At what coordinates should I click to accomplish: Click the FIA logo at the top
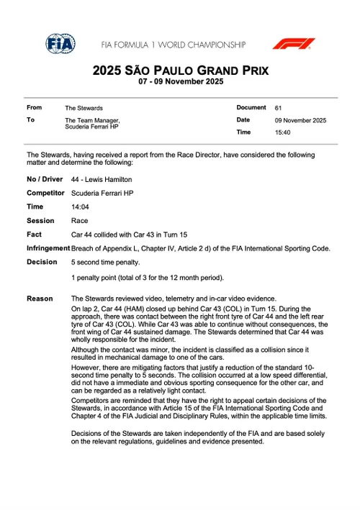tap(60, 44)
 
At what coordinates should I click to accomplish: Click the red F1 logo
tap(293, 44)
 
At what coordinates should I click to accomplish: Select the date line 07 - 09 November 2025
tap(180, 82)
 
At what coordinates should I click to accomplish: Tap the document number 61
tap(279, 108)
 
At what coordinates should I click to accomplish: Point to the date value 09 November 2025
tap(300, 120)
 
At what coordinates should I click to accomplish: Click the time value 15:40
tap(283, 133)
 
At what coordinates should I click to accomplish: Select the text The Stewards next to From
tap(84, 108)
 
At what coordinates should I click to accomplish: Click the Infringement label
tap(48, 248)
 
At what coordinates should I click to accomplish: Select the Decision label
tap(42, 262)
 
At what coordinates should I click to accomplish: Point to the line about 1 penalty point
tap(147, 277)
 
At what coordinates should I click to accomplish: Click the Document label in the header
tap(251, 107)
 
